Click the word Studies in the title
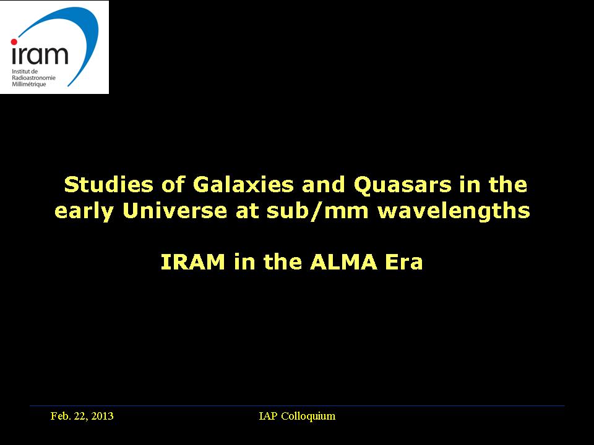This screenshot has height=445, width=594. coord(109,185)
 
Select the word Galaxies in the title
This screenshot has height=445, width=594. coord(243,185)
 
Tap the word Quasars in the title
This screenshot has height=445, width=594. coord(402,185)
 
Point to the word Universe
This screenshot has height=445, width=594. coord(174,210)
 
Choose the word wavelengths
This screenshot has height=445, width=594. coord(454,211)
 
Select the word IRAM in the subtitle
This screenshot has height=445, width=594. coord(193,262)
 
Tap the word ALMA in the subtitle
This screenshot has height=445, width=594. coord(343,262)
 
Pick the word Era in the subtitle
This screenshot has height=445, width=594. coord(404,262)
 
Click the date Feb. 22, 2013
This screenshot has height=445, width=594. coord(82,416)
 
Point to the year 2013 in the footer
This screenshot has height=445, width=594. coord(102,416)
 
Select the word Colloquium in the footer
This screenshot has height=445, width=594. coord(308,416)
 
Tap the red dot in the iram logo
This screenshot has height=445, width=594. coord(14,42)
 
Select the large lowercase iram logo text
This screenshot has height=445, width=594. coord(40,54)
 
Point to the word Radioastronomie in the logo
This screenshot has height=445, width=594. coord(33,78)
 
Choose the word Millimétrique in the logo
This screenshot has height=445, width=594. coord(29,84)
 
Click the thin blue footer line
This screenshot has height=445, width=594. coord(297,406)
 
